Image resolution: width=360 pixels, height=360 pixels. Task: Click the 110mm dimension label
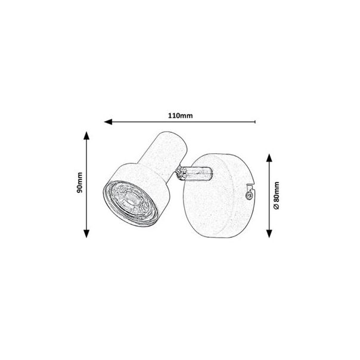coord(180,115)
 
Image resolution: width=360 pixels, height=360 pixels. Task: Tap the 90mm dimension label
coord(79,182)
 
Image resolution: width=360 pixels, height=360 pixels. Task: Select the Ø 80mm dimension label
coord(277,195)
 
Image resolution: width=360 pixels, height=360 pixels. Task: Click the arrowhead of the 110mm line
coord(108,122)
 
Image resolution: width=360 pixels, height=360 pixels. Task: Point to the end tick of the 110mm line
coord(255,122)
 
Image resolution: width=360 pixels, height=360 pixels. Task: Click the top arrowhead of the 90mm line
coord(86,136)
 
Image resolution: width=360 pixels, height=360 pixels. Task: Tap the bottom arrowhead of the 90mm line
coord(86,234)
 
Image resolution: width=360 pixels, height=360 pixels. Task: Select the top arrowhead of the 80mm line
coord(269,158)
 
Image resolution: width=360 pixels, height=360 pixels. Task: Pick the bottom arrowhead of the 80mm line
coord(269,234)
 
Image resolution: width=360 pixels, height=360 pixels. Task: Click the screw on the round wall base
coord(249,196)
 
